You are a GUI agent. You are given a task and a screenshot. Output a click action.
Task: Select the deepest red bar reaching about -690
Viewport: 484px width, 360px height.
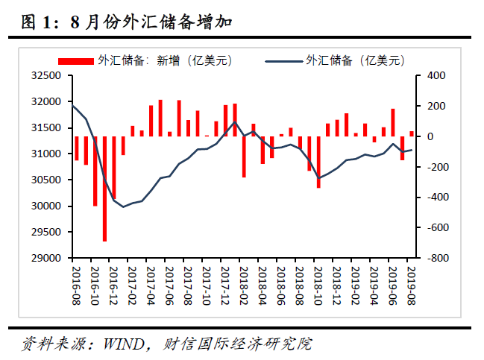[104, 189]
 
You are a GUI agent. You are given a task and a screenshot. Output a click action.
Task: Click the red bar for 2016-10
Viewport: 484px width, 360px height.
[86, 151]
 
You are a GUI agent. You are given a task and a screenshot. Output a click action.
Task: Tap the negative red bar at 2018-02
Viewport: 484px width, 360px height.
[244, 157]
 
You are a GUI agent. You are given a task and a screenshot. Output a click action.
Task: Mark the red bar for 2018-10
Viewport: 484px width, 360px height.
[318, 162]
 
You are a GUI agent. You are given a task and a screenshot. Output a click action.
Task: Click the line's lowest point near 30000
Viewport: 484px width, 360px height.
[123, 206]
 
